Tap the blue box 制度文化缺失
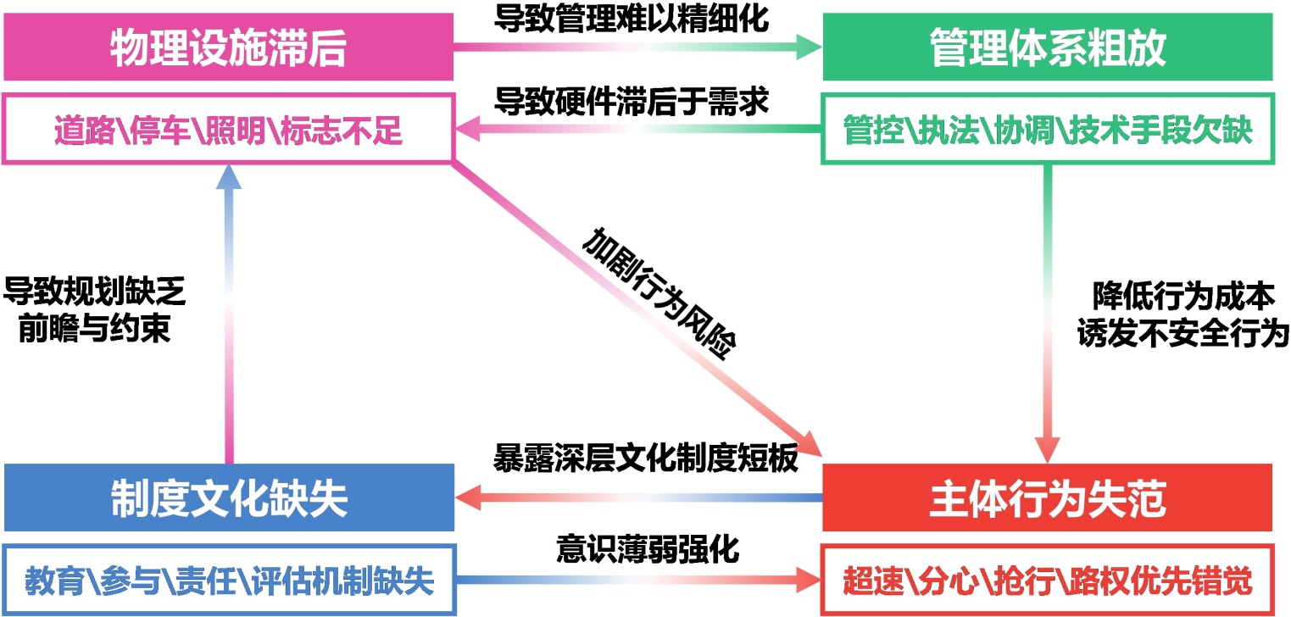point(228,498)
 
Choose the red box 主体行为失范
point(1048,498)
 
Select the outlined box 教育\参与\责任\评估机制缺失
point(228,581)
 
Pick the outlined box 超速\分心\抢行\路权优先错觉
point(1048,581)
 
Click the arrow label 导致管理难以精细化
point(632,19)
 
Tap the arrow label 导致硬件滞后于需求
point(632,102)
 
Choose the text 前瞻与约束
point(94,329)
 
